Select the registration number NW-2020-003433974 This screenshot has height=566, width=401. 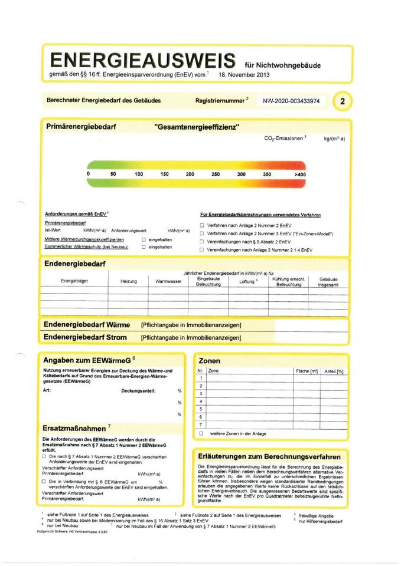(x=291, y=101)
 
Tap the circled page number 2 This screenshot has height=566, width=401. (x=342, y=101)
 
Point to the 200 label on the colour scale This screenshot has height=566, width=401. (x=190, y=175)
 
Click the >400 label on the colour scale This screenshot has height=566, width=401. (x=300, y=175)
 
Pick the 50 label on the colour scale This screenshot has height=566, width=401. (x=113, y=175)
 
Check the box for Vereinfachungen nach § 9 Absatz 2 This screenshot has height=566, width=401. (x=201, y=242)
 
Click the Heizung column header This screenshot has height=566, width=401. (x=129, y=282)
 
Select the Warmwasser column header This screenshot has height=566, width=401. (x=168, y=282)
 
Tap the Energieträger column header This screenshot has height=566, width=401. (x=74, y=282)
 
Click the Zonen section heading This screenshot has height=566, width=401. (x=210, y=361)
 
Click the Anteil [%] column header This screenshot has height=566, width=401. (x=333, y=371)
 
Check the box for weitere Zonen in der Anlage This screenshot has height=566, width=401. (x=201, y=433)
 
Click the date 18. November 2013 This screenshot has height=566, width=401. (x=243, y=75)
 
